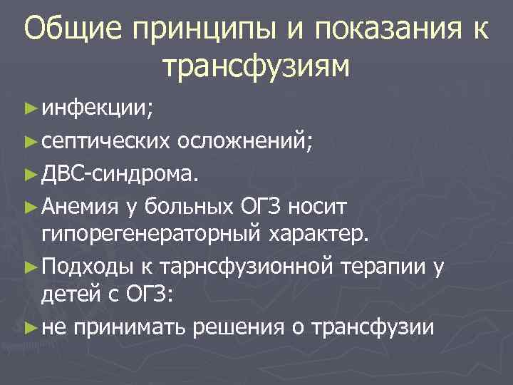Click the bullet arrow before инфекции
coord(28,109)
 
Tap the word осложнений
coord(244,141)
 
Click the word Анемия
coord(79,207)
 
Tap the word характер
coord(318,232)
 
